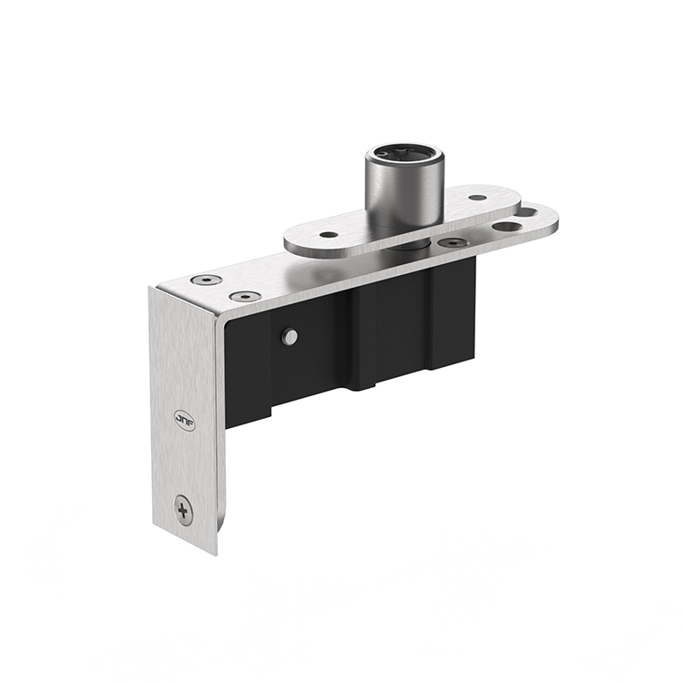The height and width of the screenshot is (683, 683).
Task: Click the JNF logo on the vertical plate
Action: pyautogui.click(x=185, y=419)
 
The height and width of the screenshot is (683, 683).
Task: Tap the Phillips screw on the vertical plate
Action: pyautogui.click(x=184, y=509)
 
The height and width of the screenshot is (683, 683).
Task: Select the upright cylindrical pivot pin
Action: pyautogui.click(x=404, y=188)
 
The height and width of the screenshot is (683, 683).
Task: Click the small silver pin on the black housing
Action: pyautogui.click(x=289, y=337)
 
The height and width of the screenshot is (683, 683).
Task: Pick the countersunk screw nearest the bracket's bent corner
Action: pyautogui.click(x=208, y=280)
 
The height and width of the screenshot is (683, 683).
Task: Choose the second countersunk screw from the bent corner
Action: pyautogui.click(x=244, y=297)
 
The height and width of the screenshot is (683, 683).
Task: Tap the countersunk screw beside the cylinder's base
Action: pyautogui.click(x=453, y=243)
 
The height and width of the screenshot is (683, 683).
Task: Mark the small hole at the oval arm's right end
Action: pyautogui.click(x=477, y=197)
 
